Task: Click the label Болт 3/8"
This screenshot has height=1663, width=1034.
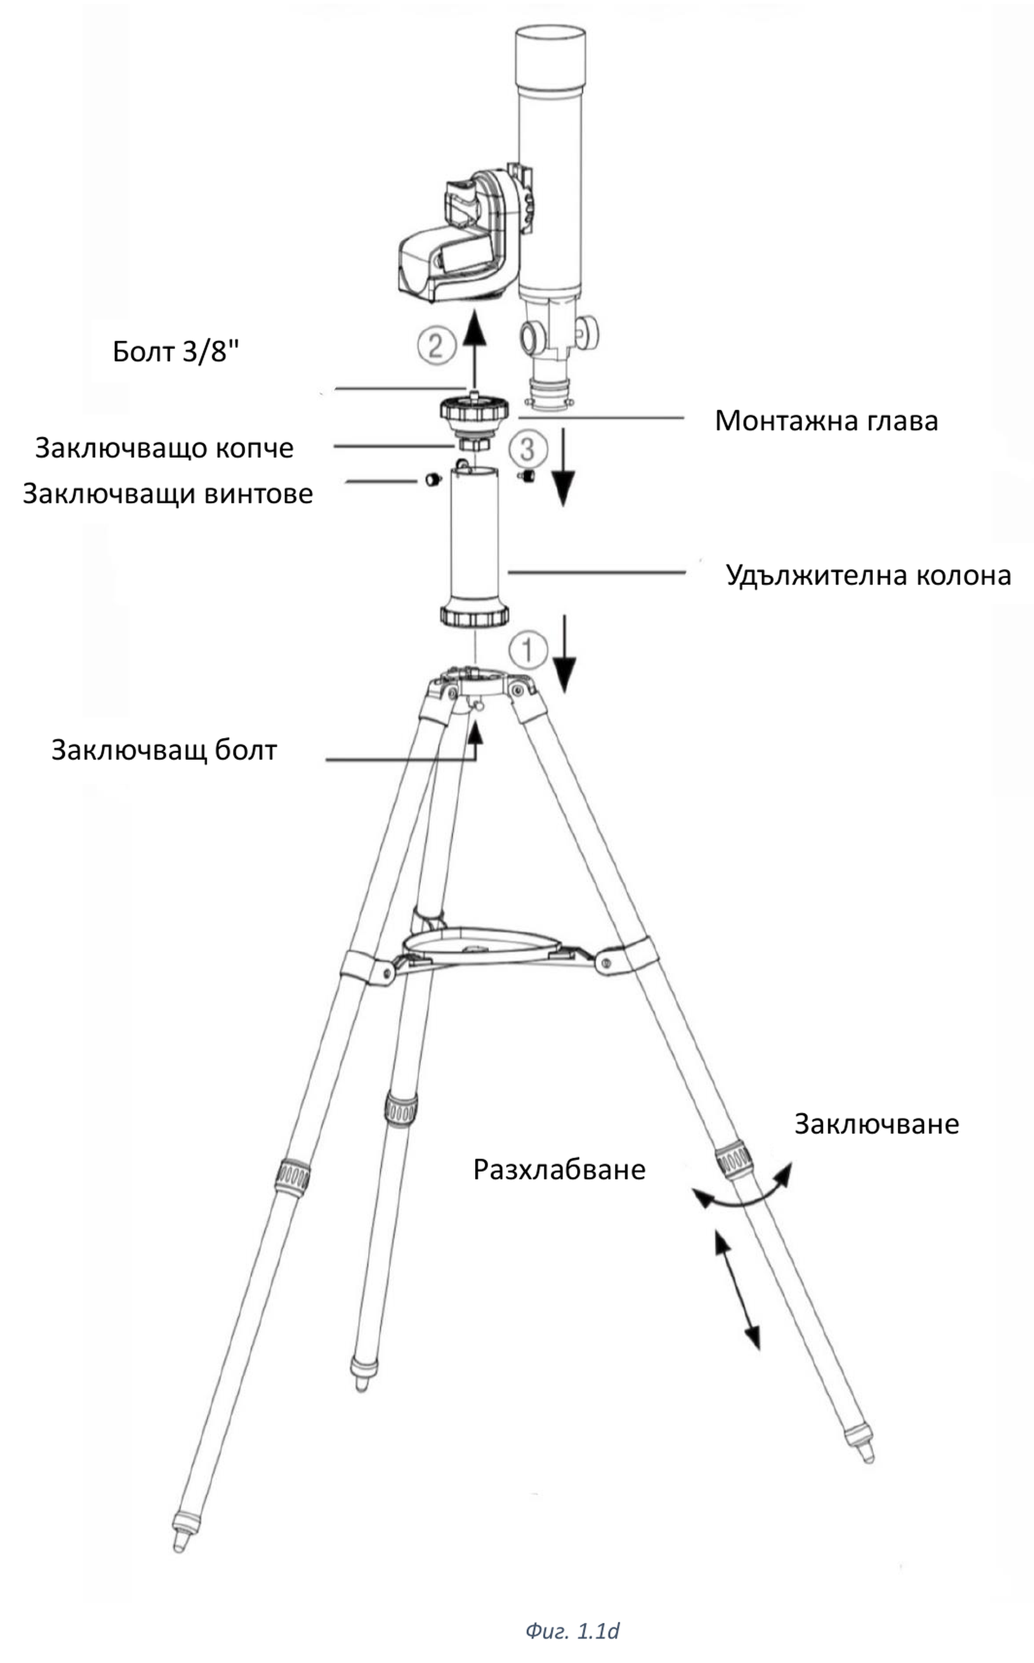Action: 176,352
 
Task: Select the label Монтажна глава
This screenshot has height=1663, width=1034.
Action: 826,421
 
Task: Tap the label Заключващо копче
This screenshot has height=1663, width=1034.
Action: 164,448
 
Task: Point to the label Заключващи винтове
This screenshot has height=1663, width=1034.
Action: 167,494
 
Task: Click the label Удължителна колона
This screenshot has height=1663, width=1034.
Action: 868,575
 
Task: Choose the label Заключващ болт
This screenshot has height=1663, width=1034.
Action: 164,750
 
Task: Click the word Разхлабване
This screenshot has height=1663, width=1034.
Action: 559,1169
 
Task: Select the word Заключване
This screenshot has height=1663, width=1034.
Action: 876,1124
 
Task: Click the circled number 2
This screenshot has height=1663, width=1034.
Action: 436,345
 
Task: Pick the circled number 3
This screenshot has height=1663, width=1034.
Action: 527,450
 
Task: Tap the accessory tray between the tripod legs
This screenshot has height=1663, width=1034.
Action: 482,946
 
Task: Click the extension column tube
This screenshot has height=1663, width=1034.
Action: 474,540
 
